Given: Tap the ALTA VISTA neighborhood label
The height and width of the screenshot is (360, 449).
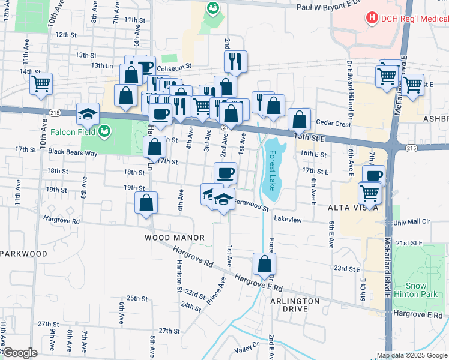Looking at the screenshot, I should pos(353,207).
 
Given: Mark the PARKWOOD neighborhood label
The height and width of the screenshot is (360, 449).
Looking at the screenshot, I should pos(23,254).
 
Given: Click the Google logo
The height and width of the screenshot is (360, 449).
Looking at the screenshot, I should pos(19,353).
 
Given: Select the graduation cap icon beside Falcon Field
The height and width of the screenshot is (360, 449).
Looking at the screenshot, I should pos(88,113).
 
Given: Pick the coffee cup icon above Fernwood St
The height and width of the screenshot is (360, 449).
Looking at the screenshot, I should pos(225,173).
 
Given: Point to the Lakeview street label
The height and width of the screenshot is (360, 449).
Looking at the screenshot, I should pos(288,220).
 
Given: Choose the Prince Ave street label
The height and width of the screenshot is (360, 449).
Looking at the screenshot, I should pos(215,289).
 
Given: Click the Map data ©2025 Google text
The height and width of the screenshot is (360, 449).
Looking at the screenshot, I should pos(411,355).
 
